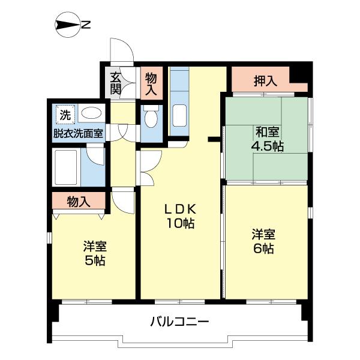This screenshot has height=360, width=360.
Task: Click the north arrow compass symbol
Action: click(x=67, y=25)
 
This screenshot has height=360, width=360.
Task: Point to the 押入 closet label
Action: click(x=264, y=80)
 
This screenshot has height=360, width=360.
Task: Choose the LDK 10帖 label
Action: click(x=180, y=216)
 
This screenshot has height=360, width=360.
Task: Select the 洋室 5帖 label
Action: click(x=95, y=253)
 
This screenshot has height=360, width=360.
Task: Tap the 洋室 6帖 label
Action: click(x=263, y=240)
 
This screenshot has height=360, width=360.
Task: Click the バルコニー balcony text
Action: click(x=179, y=322)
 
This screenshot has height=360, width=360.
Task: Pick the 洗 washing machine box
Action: click(x=63, y=113)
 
